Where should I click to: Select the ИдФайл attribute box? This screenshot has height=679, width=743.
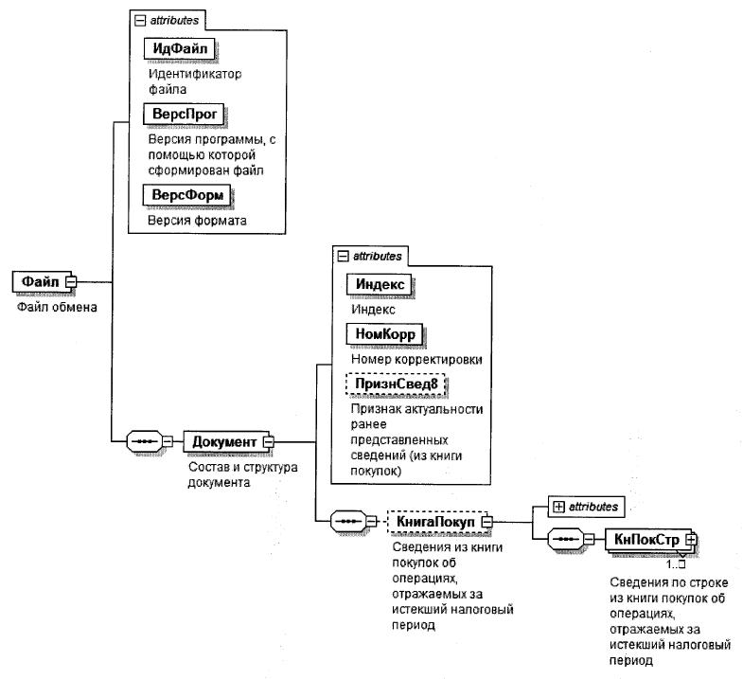[179, 47]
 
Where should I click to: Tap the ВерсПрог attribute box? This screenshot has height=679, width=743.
[186, 115]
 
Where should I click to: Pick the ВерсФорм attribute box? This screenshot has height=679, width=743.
[187, 195]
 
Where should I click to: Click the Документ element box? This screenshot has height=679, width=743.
[223, 441]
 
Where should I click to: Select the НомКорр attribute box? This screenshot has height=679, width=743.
[386, 334]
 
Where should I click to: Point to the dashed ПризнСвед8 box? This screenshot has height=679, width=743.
[395, 385]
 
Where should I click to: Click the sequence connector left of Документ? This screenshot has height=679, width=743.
[143, 441]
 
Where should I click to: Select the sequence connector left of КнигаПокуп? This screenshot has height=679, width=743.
[346, 521]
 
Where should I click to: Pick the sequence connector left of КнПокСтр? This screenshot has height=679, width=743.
[564, 538]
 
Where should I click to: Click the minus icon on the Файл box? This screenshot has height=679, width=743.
[71, 281]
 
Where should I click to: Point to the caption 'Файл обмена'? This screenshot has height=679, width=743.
[58, 307]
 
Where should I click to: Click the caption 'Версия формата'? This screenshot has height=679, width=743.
[196, 221]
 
